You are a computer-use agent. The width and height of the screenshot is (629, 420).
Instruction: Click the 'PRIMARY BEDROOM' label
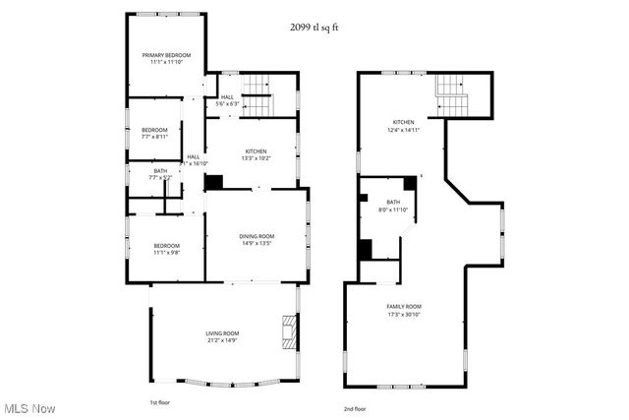[165, 55]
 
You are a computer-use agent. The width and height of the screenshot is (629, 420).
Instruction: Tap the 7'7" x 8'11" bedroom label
[154, 131]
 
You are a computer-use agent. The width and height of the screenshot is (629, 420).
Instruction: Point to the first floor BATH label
[159, 172]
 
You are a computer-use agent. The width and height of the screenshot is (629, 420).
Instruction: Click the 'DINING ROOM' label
[257, 236]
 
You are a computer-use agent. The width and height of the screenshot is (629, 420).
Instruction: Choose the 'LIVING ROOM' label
[222, 334]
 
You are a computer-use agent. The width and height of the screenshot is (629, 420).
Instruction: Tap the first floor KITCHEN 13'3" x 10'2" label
[249, 151]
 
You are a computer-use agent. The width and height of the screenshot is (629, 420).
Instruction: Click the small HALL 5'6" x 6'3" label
[227, 97]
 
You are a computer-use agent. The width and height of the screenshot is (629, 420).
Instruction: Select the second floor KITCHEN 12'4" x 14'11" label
[403, 123]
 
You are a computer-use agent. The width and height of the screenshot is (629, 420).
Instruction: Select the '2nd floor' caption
[354, 408]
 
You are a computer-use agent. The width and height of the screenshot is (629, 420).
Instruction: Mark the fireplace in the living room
[287, 332]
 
